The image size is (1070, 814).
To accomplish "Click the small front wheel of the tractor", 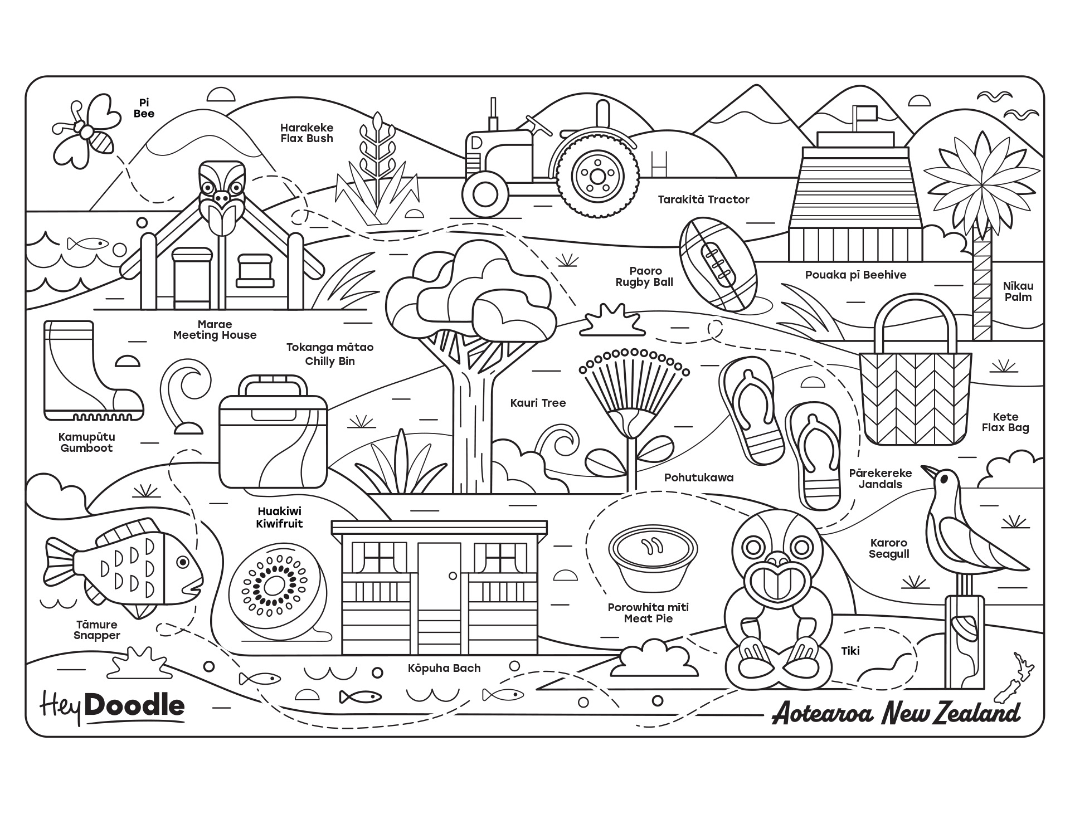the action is [485, 193].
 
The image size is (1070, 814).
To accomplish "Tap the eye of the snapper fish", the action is [182, 563].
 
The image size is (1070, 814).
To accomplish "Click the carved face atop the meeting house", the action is [222, 184].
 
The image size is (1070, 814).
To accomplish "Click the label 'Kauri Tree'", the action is [538, 403].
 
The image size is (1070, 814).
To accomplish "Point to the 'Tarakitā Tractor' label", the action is [703, 199].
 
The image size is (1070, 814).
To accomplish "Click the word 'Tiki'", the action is [850, 650].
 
